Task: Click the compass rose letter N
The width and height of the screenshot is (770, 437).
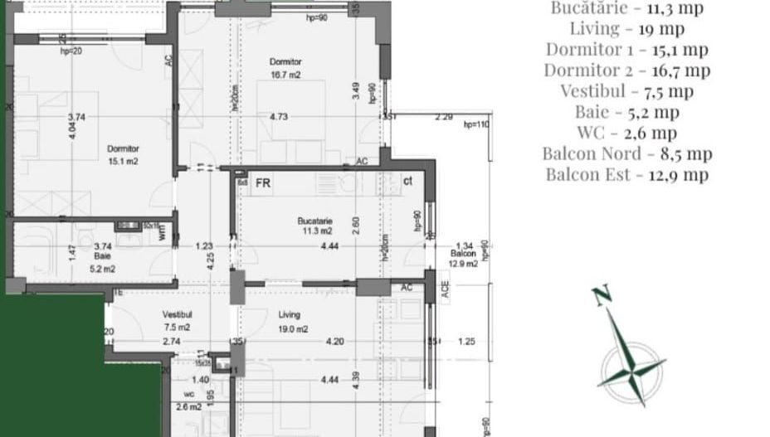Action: click(602, 296)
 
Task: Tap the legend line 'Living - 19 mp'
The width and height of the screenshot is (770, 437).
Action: click(627, 29)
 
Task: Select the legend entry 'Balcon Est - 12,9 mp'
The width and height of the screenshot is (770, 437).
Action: click(627, 174)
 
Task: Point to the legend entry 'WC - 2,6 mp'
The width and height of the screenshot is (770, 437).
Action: click(627, 133)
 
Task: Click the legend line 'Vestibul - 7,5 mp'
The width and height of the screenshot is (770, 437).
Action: click(627, 91)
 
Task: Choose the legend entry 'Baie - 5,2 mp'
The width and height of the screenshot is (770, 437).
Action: click(627, 112)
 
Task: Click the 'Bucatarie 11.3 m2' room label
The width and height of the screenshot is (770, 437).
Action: click(315, 226)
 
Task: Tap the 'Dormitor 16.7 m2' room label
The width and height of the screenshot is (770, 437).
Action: click(285, 68)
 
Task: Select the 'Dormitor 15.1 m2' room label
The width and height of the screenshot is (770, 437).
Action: click(123, 155)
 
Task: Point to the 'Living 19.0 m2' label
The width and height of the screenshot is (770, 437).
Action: click(290, 322)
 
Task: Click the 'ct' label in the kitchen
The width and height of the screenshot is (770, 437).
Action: click(407, 181)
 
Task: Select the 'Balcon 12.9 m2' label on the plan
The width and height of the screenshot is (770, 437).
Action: click(463, 259)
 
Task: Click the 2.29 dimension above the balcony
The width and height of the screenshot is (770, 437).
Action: click(444, 117)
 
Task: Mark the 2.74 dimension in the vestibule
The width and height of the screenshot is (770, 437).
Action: click(172, 342)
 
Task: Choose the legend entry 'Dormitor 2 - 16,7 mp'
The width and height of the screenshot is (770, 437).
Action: click(627, 70)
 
